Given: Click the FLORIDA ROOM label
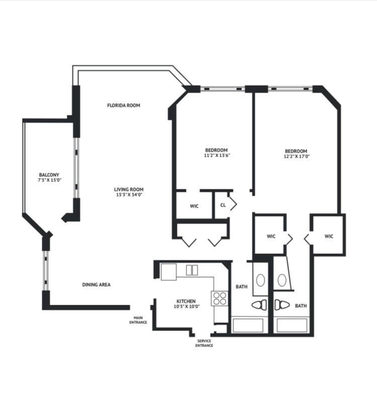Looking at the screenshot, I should [x=123, y=106].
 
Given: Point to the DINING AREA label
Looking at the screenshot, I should [x=96, y=285].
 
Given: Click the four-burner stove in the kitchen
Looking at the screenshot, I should [x=219, y=298].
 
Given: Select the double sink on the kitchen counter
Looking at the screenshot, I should [x=192, y=270].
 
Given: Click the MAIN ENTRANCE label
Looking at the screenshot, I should [x=138, y=319].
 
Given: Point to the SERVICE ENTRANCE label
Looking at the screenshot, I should [x=204, y=343].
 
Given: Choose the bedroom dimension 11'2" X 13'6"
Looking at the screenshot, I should [x=216, y=155].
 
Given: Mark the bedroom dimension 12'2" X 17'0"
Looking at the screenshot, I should [x=296, y=156].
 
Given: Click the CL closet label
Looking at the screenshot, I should [x=223, y=205].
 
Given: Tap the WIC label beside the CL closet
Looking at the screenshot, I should [x=195, y=206].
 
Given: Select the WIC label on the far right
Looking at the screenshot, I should [x=329, y=236].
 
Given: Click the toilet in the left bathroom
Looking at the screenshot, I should [x=259, y=305].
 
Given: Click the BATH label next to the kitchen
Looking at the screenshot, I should [x=241, y=287].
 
